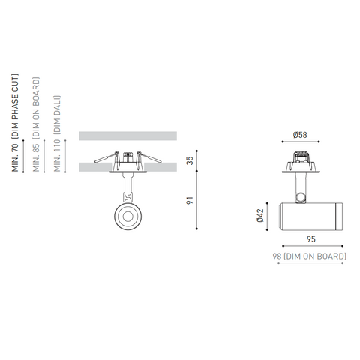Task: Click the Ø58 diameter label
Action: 300,135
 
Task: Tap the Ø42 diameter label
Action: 260,215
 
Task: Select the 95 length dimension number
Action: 311,239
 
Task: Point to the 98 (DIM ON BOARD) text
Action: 310,256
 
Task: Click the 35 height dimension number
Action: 190,160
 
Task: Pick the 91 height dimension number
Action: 190,200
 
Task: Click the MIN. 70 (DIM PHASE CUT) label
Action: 15,123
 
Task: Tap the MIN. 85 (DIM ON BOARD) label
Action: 37,124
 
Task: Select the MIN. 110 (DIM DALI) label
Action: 58,133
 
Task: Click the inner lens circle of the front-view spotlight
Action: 128,217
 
